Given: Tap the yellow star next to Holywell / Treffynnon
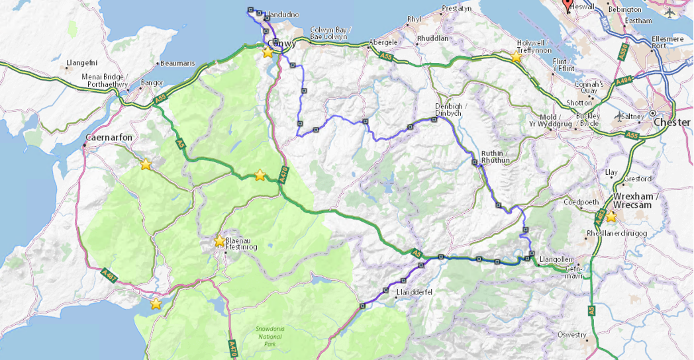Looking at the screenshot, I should click(x=516, y=57).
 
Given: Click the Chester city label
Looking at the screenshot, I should click(x=671, y=122).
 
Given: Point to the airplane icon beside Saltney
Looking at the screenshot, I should click(x=619, y=116).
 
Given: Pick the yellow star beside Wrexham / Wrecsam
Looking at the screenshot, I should click(x=611, y=216).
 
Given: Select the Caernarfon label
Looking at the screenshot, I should click(x=109, y=138).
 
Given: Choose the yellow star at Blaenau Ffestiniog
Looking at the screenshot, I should click(x=219, y=241).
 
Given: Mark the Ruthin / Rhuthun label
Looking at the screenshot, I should click(x=496, y=156).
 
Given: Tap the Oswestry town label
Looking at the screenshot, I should click(x=572, y=334).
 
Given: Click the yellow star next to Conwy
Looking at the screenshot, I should click(x=267, y=52).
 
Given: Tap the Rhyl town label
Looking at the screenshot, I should click(x=415, y=19).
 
